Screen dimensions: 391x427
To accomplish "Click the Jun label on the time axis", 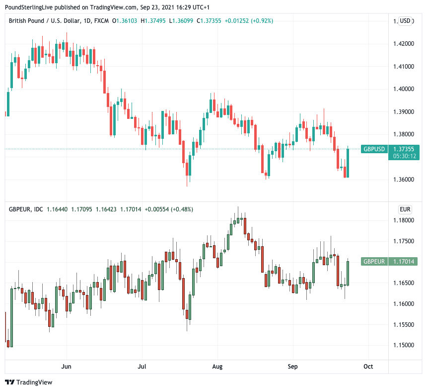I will click(66, 367).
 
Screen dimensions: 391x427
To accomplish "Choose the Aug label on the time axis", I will click(217, 367).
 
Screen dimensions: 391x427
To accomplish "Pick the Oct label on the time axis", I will click(368, 367).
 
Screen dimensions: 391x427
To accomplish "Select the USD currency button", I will click(405, 21).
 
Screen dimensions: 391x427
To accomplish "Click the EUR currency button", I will click(405, 209).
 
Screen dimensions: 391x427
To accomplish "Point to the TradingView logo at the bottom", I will click(28, 382).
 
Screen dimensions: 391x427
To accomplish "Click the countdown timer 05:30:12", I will click(405, 156).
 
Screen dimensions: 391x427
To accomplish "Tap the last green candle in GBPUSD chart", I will click(348, 162).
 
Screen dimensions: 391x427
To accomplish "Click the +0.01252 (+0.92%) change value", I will click(249, 21).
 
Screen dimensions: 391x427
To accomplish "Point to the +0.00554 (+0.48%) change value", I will click(169, 209).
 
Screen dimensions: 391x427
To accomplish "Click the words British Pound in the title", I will click(27, 21).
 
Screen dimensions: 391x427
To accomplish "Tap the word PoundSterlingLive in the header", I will click(29, 7).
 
